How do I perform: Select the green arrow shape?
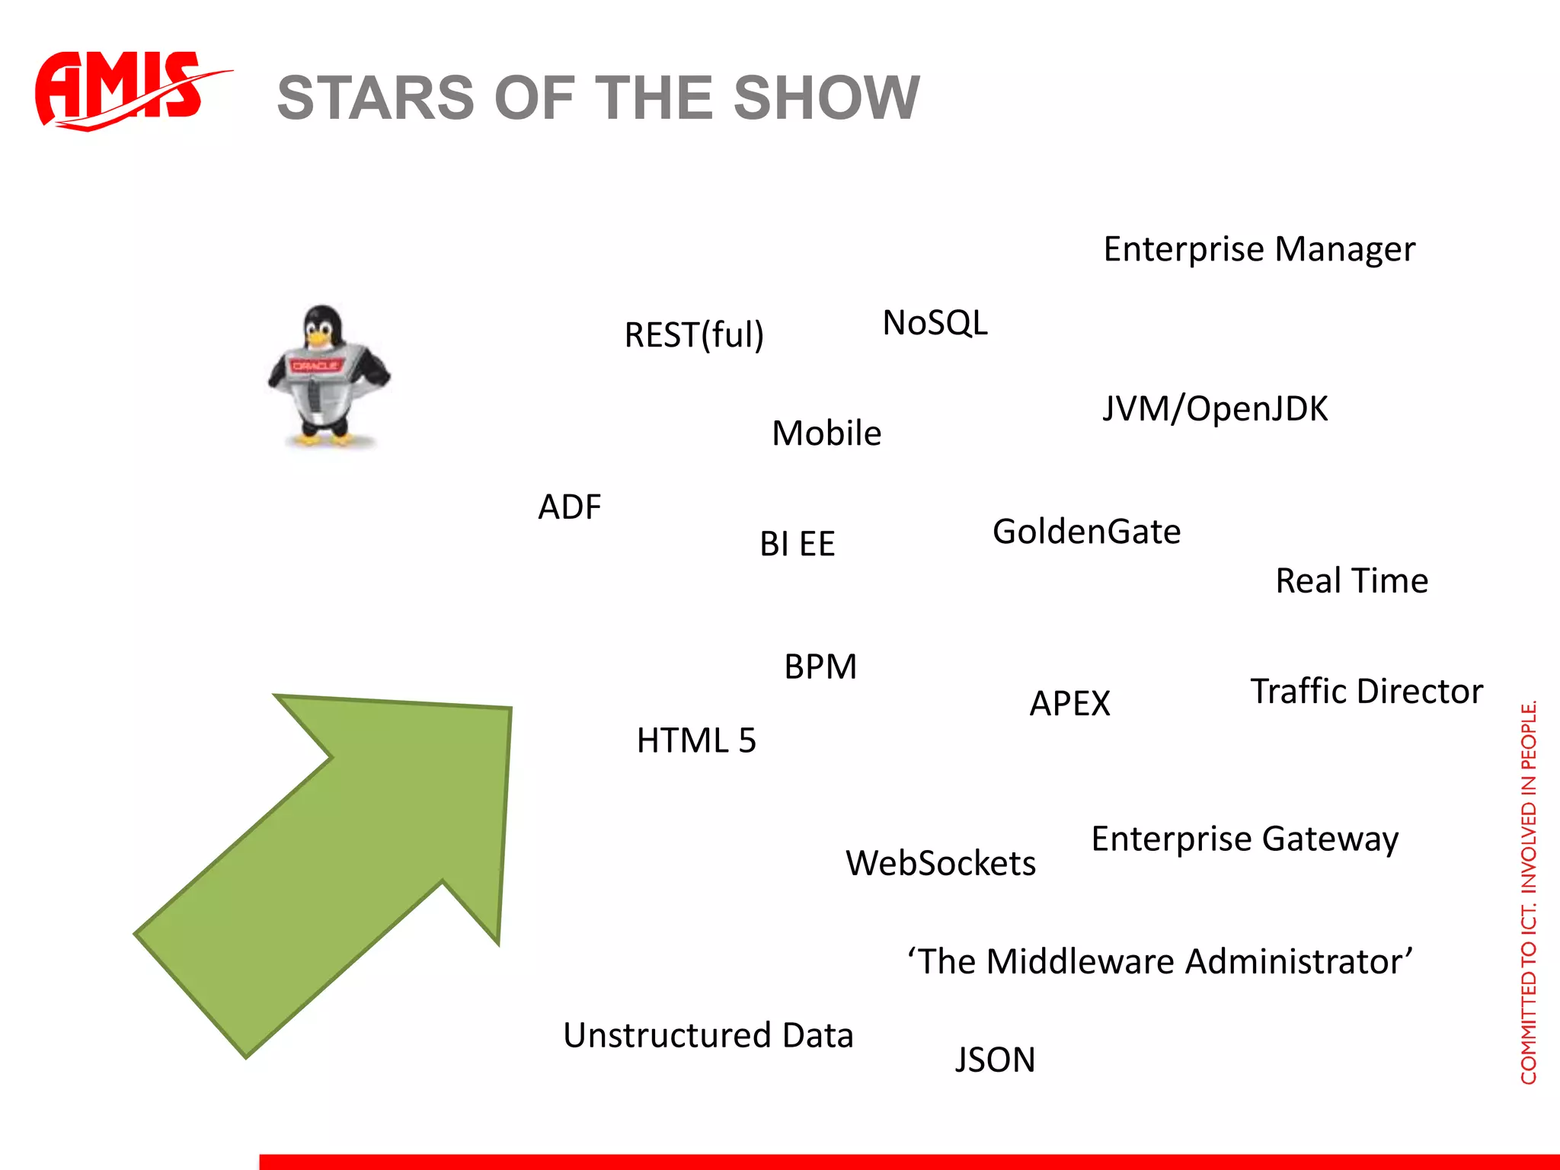pos(343,846)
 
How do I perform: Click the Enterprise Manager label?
pos(1258,250)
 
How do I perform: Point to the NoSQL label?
pos(935,323)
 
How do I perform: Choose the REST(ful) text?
pos(693,335)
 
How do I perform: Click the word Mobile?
pos(826,433)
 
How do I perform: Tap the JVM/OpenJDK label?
pos(1215,409)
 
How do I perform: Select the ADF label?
pos(569,507)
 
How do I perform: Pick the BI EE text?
pos(797,544)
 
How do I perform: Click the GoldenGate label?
pos(1086,532)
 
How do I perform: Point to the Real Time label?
pos(1351,581)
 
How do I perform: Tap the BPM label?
pos(820,667)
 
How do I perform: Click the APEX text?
pos(1069,703)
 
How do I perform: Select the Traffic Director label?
pos(1367,692)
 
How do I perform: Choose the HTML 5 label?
pos(696,740)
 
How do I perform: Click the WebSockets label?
pos(940,864)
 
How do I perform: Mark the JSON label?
pos(995,1060)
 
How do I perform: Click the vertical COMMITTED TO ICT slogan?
pos(1528,891)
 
